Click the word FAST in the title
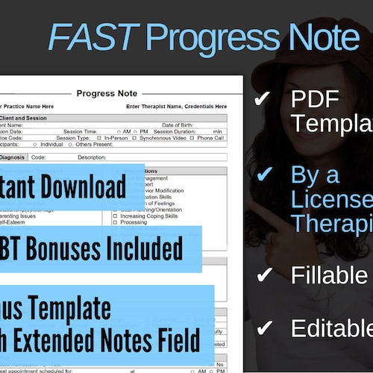pyautogui.click(x=94, y=37)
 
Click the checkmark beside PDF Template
pyautogui.click(x=263, y=100)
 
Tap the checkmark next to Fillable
pyautogui.click(x=263, y=275)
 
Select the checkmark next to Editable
pyautogui.click(x=263, y=328)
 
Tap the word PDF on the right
pyautogui.click(x=315, y=100)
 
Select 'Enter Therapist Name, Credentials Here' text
pyautogui.click(x=177, y=107)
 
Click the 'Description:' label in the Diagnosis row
pyautogui.click(x=92, y=157)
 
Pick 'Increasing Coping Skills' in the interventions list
pyautogui.click(x=150, y=216)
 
